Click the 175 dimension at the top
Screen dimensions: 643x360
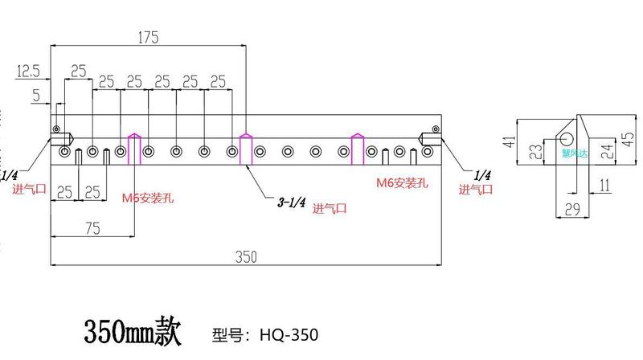coord(148,37)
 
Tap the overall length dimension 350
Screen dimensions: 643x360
coord(246,256)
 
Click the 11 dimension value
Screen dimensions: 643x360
coord(604,186)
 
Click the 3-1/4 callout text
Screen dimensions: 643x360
coord(290,204)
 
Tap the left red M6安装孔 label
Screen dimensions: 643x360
coord(149,195)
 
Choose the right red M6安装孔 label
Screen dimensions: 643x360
coord(403,182)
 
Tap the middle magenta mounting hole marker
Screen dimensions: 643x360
coord(246,149)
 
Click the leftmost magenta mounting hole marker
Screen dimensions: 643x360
coord(134,149)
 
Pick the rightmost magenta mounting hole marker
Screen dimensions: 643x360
coord(358,149)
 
